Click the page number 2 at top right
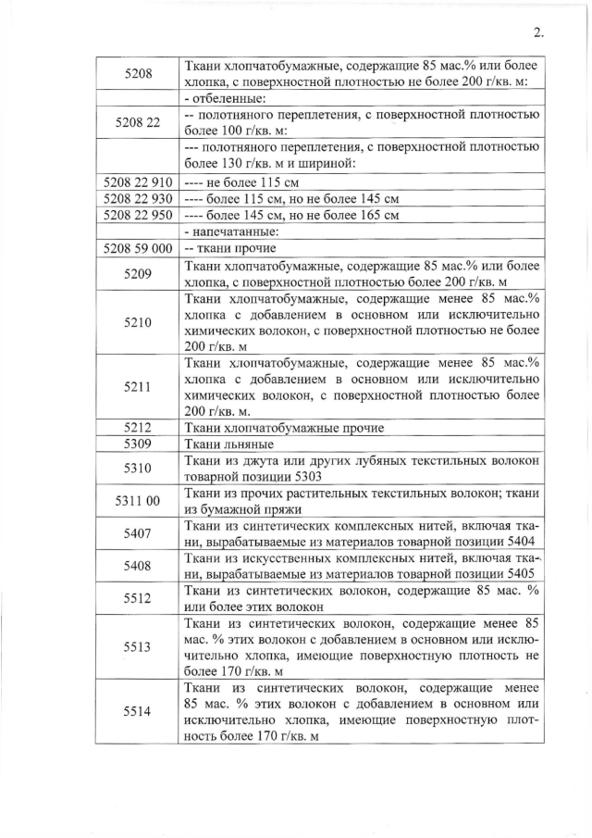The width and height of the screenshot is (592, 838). coord(538,33)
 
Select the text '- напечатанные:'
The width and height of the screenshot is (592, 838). coord(228,232)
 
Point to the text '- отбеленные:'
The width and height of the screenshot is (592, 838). coord(224,98)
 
